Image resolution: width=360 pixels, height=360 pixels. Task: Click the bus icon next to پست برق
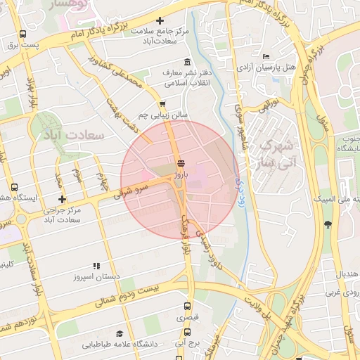[x=23, y=34]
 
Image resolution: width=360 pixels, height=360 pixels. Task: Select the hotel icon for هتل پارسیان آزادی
[x=265, y=56]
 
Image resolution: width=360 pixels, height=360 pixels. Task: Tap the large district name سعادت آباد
[x=74, y=134]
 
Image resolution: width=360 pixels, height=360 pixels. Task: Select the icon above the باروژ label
[x=182, y=162]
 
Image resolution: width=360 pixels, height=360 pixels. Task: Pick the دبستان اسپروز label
[x=96, y=276]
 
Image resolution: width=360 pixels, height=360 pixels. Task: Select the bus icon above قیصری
[x=187, y=307]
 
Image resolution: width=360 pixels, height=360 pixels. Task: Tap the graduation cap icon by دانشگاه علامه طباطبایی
[x=120, y=333]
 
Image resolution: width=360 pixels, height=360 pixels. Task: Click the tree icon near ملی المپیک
[x=327, y=224]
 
